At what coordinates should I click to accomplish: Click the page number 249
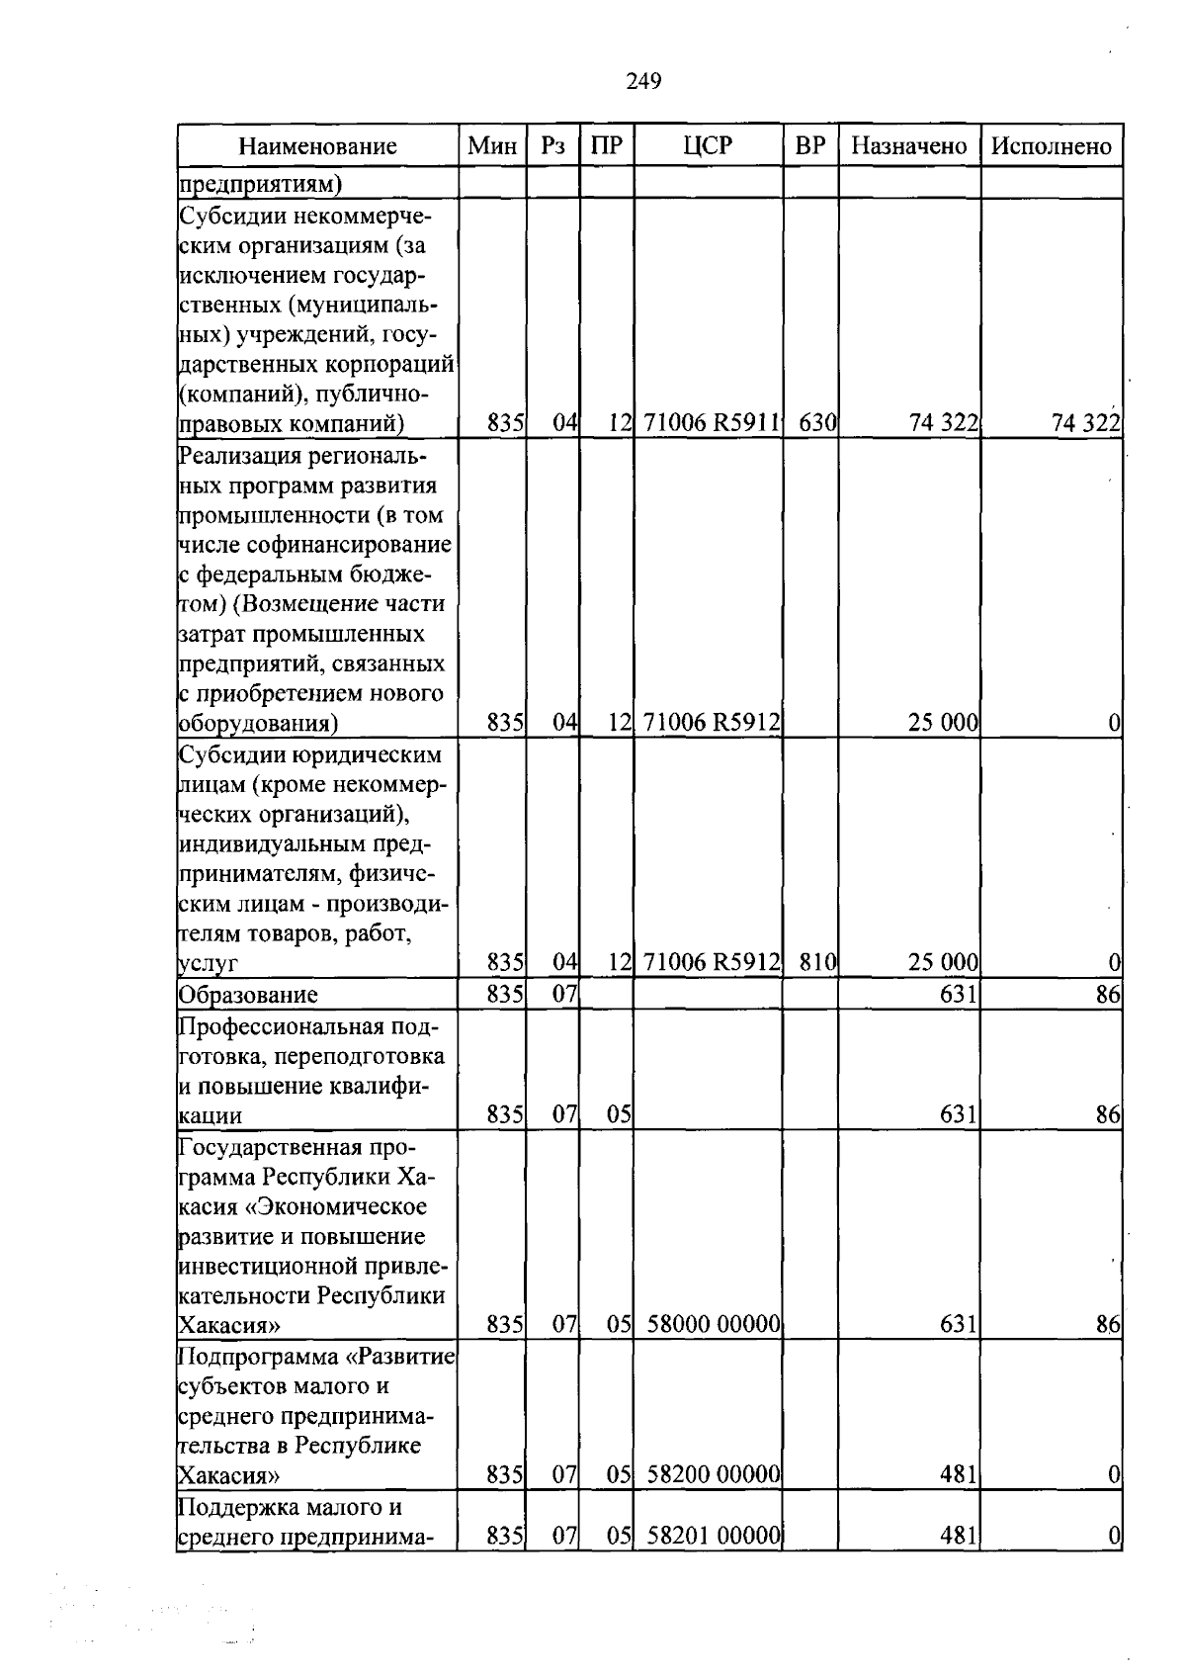tap(643, 81)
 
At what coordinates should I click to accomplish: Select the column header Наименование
tap(317, 146)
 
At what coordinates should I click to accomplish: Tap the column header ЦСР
tap(708, 145)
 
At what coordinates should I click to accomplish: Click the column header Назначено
tap(908, 145)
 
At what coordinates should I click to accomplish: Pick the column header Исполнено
tap(1051, 146)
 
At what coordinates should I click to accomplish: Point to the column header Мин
tap(492, 146)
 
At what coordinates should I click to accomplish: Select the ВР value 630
tap(816, 424)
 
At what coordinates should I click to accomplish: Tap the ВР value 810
tap(816, 962)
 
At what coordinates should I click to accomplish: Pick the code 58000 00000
tap(714, 1324)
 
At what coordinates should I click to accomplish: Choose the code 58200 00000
tap(714, 1475)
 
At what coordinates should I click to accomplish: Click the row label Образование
tap(248, 995)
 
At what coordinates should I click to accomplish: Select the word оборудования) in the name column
tap(258, 724)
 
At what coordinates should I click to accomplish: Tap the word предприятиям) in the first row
tap(260, 184)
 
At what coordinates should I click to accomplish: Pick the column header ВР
tap(809, 145)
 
